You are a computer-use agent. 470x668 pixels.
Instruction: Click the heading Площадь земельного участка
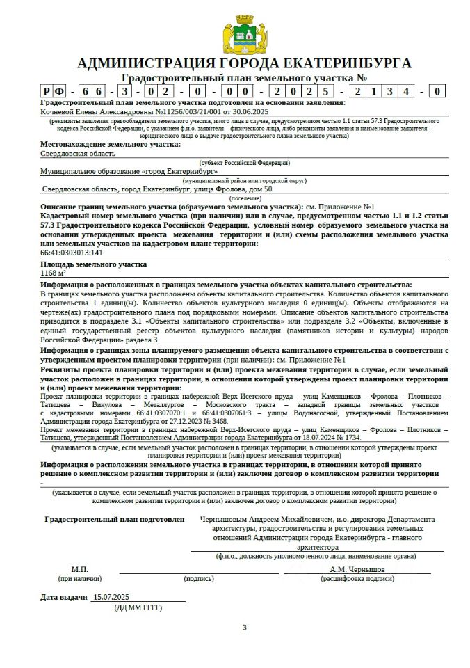pyautogui.click(x=93, y=264)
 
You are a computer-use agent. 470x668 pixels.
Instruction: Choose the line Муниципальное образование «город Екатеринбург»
pyautogui.click(x=129, y=171)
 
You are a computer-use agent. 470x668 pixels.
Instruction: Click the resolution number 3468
pyautogui.click(x=237, y=422)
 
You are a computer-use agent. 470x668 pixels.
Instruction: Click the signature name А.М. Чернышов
pyautogui.click(x=357, y=569)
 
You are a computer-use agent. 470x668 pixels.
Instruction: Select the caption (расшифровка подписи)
pyautogui.click(x=357, y=578)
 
